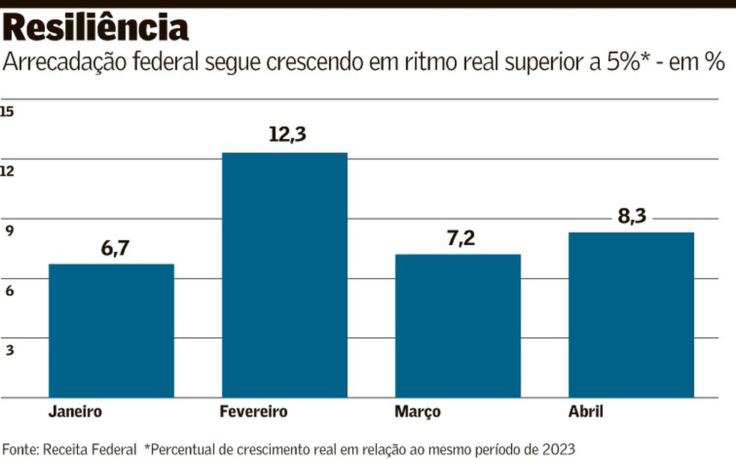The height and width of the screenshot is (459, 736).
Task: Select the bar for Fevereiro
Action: [284, 274]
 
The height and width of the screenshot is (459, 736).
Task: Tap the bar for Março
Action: [458, 325]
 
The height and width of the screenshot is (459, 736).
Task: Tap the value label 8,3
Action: [631, 217]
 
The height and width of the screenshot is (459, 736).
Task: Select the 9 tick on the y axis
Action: [10, 231]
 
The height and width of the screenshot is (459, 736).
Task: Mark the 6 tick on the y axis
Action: [10, 291]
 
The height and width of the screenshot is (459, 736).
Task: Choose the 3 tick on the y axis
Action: [10, 350]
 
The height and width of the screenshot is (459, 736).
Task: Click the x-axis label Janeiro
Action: [75, 412]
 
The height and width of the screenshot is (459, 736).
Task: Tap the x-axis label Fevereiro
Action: [254, 412]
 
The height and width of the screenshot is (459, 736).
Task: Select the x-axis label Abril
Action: [585, 412]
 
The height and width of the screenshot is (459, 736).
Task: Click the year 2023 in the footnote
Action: [557, 449]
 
